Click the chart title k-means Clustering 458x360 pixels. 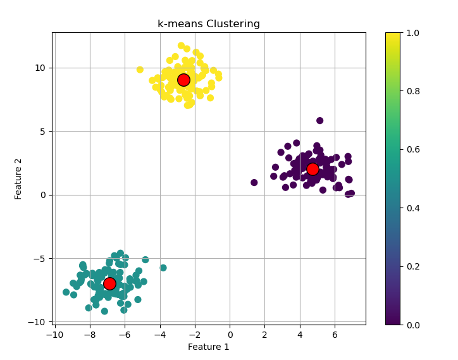click(x=209, y=24)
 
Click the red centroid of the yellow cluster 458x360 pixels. click(x=183, y=80)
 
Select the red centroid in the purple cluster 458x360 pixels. click(x=313, y=169)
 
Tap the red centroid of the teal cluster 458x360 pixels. click(x=109, y=283)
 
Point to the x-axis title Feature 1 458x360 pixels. click(x=209, y=347)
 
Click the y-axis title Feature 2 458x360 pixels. click(x=18, y=178)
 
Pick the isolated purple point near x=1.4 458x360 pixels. click(x=254, y=183)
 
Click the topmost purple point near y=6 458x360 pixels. click(x=320, y=121)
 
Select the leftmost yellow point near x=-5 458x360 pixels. click(x=140, y=70)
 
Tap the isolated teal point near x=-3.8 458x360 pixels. click(x=163, y=268)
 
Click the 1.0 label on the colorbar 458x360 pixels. click(x=415, y=32)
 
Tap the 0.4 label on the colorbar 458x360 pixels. click(x=415, y=208)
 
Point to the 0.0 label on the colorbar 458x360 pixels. click(x=415, y=325)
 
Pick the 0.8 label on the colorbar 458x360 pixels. click(x=415, y=91)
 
